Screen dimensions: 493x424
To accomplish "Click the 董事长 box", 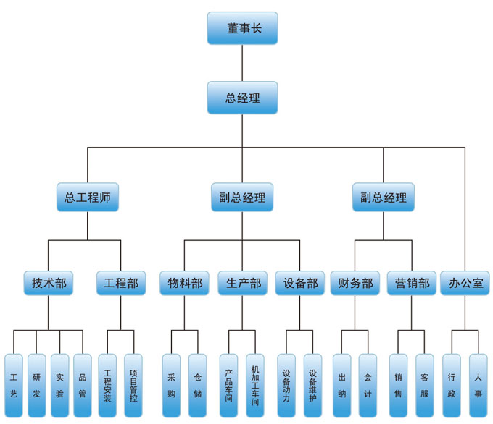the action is [x=242, y=28].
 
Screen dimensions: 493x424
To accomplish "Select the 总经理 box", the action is [x=242, y=98].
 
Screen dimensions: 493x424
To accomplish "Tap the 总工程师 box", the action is [x=88, y=197].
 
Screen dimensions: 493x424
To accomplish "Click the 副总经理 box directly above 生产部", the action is [x=242, y=197].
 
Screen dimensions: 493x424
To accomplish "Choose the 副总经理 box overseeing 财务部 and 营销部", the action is [x=384, y=197].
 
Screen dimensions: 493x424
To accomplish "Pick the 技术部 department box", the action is [x=49, y=283].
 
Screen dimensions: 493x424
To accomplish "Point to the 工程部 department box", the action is [x=121, y=283].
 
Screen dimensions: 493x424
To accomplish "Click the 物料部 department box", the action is [x=185, y=283].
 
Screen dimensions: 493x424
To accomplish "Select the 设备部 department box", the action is [x=300, y=283].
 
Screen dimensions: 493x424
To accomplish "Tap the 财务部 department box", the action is [x=355, y=283].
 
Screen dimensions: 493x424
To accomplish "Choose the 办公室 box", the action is [x=465, y=283].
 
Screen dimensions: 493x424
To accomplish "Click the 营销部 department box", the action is [x=412, y=283].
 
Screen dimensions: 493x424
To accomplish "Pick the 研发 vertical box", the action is [x=37, y=386].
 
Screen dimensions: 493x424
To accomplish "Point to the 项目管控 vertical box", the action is [x=133, y=386].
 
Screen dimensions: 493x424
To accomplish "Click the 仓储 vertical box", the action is [x=198, y=386].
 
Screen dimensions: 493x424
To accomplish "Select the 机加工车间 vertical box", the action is [x=255, y=386].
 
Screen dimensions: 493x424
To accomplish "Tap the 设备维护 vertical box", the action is [x=313, y=386].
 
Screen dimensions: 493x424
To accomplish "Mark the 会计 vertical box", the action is [x=368, y=386].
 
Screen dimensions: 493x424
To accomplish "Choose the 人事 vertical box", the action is [x=478, y=386].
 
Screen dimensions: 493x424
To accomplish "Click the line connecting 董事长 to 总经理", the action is [x=242, y=63].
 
